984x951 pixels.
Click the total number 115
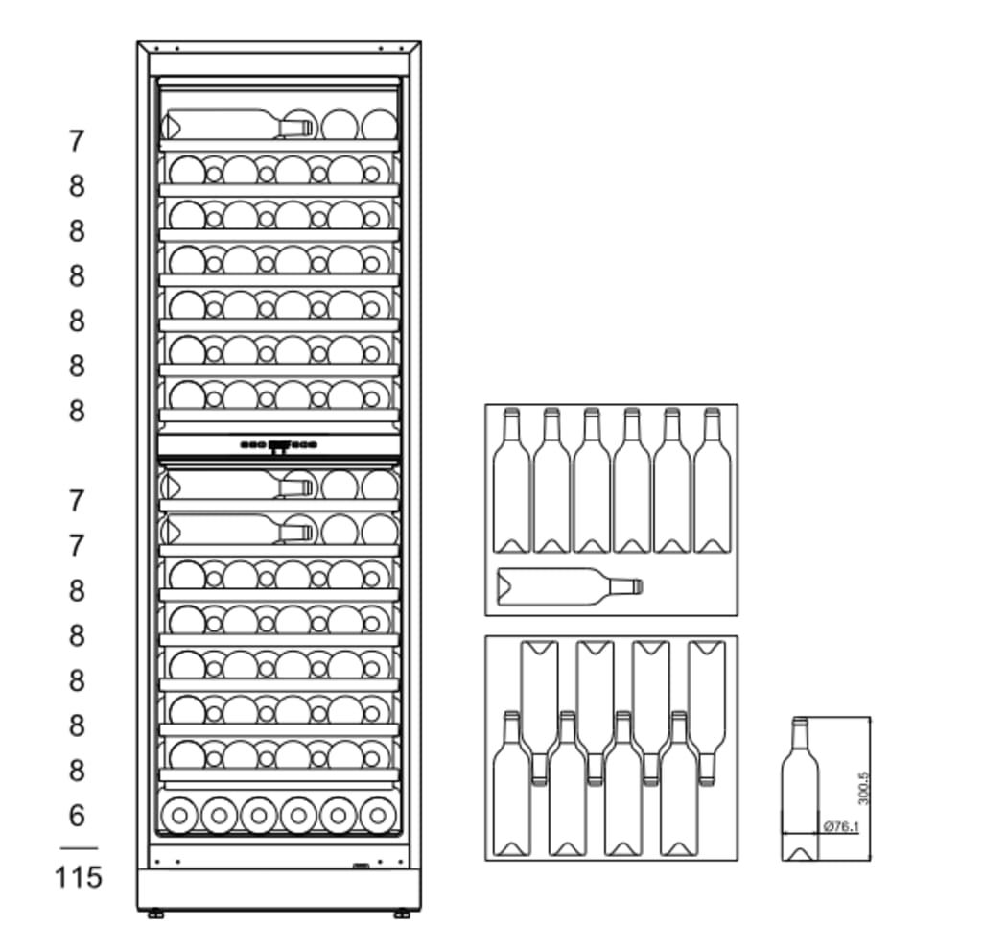[x=78, y=876]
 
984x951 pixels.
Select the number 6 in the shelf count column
[x=77, y=816]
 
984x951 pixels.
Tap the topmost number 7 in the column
[x=77, y=141]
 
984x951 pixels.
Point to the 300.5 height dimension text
[x=862, y=788]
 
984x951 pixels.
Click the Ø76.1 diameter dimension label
[x=840, y=824]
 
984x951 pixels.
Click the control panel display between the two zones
[x=279, y=445]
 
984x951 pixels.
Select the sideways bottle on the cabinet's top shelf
[x=238, y=126]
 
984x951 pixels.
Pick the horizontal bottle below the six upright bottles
[x=570, y=586]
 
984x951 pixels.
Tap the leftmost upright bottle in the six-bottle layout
[x=511, y=482]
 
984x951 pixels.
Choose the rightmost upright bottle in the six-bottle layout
[x=712, y=482]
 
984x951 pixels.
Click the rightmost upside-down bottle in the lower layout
[x=707, y=710]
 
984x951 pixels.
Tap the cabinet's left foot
[x=154, y=915]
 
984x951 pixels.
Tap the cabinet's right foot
[x=401, y=915]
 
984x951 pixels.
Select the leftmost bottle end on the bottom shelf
[x=179, y=816]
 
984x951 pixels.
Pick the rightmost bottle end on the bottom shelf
[x=378, y=816]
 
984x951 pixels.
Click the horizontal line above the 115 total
[x=78, y=848]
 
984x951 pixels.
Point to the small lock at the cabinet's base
[x=361, y=867]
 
